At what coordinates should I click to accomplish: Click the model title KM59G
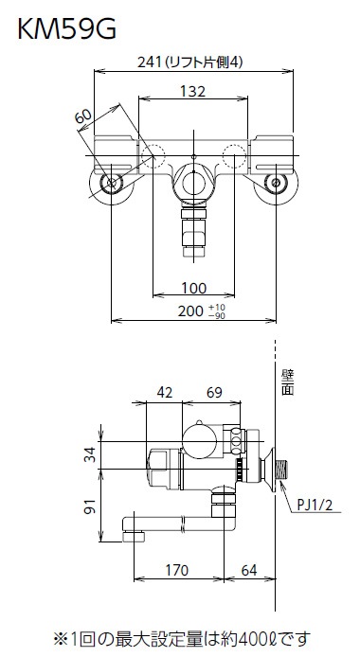coord(66,29)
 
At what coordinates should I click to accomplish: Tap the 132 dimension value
coord(193,91)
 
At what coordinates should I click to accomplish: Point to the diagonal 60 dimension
coord(83,116)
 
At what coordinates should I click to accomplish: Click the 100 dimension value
coord(193,288)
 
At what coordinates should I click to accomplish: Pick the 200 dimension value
coord(189,311)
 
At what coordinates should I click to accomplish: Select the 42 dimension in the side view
coord(164,393)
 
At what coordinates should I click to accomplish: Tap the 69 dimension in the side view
coord(214,393)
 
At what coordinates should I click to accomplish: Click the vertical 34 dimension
coord(90,454)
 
